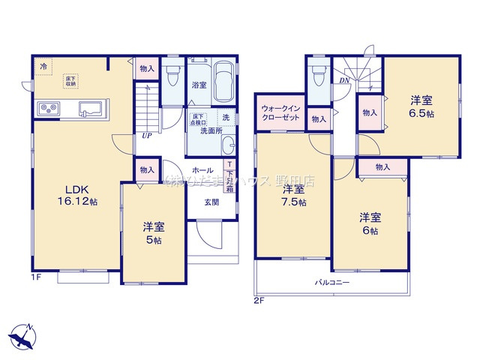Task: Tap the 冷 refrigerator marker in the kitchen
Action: (43, 67)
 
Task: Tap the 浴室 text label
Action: (199, 85)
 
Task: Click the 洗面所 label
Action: (212, 130)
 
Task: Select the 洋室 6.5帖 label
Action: (421, 105)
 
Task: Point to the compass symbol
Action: (22, 334)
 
